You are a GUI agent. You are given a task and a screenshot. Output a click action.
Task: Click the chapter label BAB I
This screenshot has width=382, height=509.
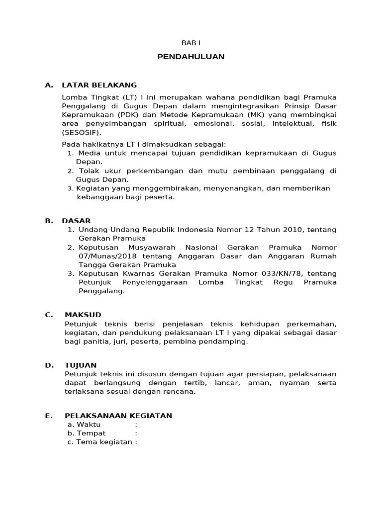point(191,43)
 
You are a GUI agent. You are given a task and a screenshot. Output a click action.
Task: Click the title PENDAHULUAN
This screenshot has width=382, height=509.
point(191,57)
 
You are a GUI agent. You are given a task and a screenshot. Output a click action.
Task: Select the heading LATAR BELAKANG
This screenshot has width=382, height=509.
point(99,85)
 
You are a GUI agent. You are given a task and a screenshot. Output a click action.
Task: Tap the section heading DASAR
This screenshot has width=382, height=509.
point(76,221)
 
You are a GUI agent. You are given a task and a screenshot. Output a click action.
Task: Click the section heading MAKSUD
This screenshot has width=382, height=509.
point(83,315)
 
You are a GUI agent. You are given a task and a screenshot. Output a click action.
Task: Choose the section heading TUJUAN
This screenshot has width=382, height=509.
point(81,365)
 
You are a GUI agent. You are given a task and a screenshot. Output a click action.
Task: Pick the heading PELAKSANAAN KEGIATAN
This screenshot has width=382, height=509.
point(118,416)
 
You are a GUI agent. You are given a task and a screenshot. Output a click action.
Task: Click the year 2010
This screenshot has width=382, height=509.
point(292,230)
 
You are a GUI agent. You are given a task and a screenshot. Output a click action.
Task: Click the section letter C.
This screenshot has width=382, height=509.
point(48,315)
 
